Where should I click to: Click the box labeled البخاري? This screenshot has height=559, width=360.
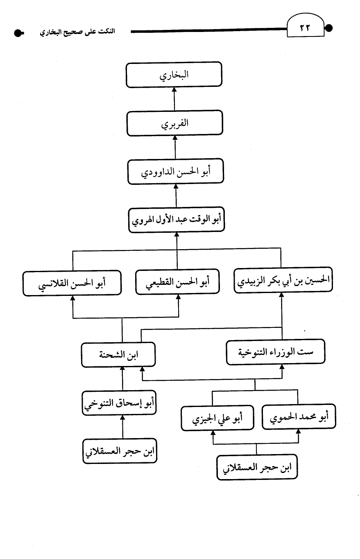click(174, 74)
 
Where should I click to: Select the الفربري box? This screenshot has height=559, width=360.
click(174, 123)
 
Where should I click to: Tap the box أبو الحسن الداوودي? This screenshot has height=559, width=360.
click(176, 171)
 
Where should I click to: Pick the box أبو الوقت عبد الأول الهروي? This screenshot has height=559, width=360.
click(177, 220)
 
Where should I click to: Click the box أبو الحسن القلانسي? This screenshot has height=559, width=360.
click(72, 283)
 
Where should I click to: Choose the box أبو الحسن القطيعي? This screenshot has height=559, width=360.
click(177, 282)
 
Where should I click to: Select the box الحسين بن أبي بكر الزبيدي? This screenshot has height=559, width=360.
click(283, 280)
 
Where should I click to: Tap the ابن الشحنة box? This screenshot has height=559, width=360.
click(118, 354)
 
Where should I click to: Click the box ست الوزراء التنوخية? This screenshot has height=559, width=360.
click(276, 352)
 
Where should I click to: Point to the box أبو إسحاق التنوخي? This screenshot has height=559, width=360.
click(119, 403)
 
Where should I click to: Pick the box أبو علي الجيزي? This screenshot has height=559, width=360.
click(217, 418)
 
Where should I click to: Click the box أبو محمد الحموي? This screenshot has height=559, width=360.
click(299, 416)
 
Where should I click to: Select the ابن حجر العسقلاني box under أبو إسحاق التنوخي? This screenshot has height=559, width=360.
click(120, 451)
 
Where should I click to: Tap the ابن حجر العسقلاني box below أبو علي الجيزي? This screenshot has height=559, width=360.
click(257, 467)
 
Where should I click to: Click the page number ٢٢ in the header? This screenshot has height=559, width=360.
click(305, 28)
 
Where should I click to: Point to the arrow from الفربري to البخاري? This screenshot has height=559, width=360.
click(174, 99)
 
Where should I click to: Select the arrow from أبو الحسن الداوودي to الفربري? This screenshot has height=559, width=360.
click(175, 147)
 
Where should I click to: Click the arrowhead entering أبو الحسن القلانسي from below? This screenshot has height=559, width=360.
click(73, 298)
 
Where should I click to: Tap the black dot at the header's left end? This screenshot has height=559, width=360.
click(18, 33)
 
